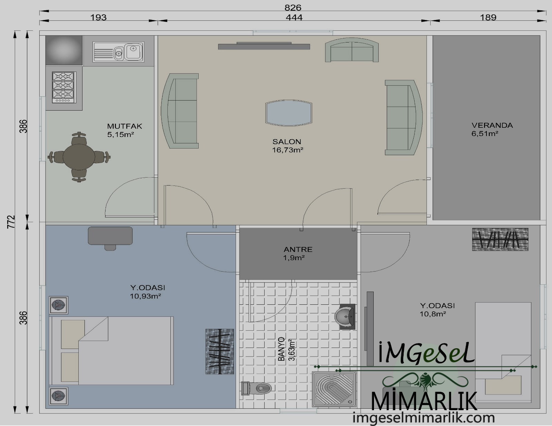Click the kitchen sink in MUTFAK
(x=118, y=52)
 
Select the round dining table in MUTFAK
(x=79, y=157)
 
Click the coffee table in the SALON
(x=288, y=113)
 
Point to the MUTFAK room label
(x=125, y=126)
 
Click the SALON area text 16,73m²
(x=288, y=150)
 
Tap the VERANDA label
(x=492, y=125)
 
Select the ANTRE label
(x=298, y=249)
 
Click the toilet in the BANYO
(x=256, y=388)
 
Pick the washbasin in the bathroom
(x=345, y=316)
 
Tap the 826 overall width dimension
(x=293, y=8)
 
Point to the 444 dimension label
(x=294, y=18)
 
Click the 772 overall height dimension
(x=11, y=222)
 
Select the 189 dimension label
(x=488, y=18)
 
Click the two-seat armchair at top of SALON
(x=352, y=50)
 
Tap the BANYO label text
(x=281, y=349)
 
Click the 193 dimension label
(x=99, y=18)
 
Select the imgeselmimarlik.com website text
(x=423, y=418)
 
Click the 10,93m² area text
(x=146, y=296)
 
